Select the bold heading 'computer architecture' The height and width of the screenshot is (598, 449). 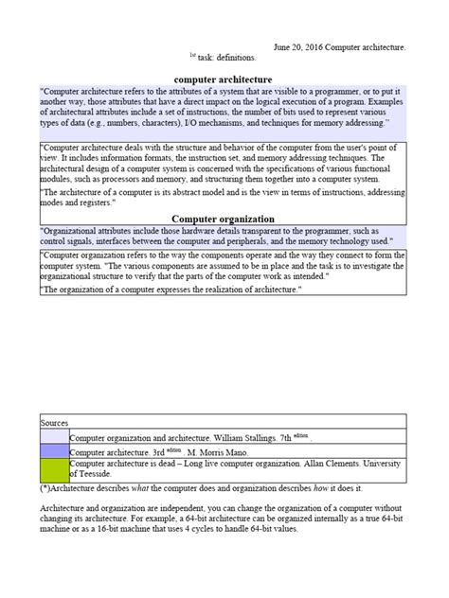click(224, 79)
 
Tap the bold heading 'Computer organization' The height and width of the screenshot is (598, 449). click(224, 219)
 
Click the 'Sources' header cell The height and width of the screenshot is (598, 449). click(55, 421)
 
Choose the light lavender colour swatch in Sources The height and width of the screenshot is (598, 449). click(55, 437)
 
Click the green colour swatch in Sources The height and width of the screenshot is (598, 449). click(55, 468)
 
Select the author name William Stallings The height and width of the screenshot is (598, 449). click(254, 438)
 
